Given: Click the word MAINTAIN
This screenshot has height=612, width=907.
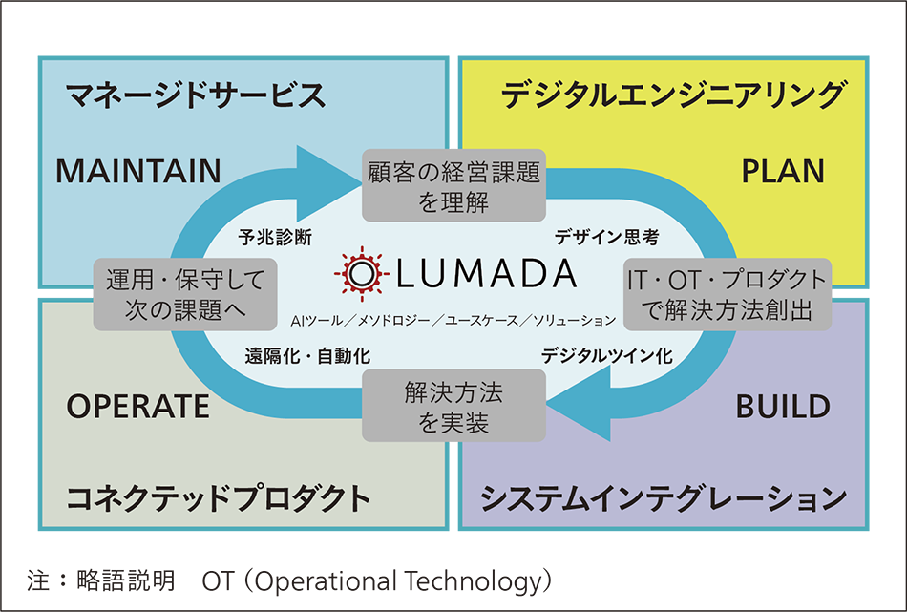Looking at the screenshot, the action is (138, 171).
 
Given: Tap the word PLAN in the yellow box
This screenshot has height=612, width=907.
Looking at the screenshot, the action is (783, 171).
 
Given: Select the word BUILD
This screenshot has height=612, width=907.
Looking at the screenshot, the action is (783, 407).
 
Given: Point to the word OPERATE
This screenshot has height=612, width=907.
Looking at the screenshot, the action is (138, 407).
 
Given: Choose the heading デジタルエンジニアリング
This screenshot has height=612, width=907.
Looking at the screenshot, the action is (674, 95).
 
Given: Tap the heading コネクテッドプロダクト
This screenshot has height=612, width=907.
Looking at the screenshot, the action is (218, 498).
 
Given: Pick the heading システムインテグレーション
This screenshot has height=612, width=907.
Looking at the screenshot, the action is (664, 498).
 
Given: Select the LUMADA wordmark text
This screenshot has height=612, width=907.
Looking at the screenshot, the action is (487, 274).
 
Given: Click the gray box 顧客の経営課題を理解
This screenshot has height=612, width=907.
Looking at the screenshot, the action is (454, 185).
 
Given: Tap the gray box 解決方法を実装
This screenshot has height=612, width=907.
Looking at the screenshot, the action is (454, 406).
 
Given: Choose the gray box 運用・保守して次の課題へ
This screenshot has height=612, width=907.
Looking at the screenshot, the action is (185, 294).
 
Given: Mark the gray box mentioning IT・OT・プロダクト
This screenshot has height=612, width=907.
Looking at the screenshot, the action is (728, 294).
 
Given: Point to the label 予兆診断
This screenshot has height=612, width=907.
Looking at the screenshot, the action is (275, 237).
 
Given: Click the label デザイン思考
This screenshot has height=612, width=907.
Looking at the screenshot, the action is (607, 237).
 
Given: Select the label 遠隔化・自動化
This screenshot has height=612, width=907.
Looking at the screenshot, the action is (307, 356).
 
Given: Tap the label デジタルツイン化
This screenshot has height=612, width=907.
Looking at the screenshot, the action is (607, 356).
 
